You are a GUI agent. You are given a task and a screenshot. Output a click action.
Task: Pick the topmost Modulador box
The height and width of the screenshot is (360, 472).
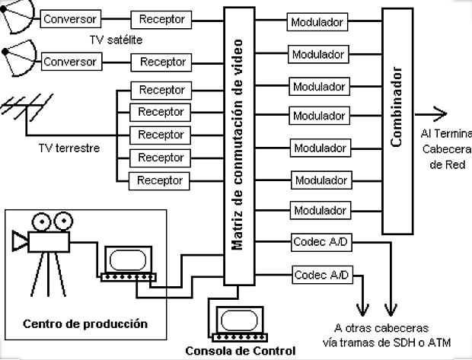coord(317,22)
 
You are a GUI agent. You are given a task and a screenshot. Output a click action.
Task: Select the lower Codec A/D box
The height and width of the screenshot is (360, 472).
coord(321,273)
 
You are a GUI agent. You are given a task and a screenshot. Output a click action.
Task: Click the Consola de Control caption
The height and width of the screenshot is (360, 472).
coord(240,351)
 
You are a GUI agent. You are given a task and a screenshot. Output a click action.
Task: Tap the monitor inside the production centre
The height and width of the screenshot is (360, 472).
coord(128,263)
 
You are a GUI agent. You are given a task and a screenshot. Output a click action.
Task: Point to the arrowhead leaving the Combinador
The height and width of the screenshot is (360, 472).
coord(444,113)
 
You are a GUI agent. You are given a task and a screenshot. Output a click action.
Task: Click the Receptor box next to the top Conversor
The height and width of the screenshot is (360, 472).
coord(161,18)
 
